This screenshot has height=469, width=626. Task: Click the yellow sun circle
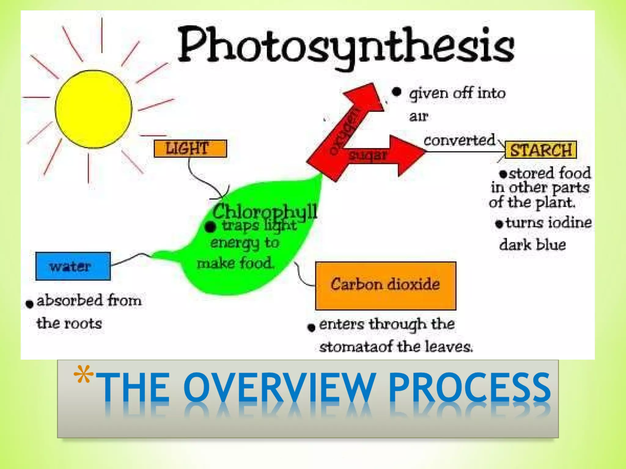point(94,109)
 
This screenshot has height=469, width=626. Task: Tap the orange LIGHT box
point(190,149)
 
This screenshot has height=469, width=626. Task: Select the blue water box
point(73,266)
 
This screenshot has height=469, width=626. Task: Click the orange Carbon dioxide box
point(385,285)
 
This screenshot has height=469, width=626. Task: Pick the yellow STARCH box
point(540,150)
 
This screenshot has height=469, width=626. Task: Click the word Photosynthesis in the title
point(346,46)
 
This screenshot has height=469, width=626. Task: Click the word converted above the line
point(459,140)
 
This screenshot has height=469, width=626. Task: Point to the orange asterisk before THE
point(83,374)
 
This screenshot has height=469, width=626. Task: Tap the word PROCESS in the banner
point(469,388)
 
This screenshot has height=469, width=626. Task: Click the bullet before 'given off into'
point(396,92)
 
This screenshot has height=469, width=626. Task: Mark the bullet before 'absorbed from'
point(30,304)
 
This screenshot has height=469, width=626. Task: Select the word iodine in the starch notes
point(570,222)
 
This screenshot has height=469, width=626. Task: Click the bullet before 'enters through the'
point(311,328)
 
